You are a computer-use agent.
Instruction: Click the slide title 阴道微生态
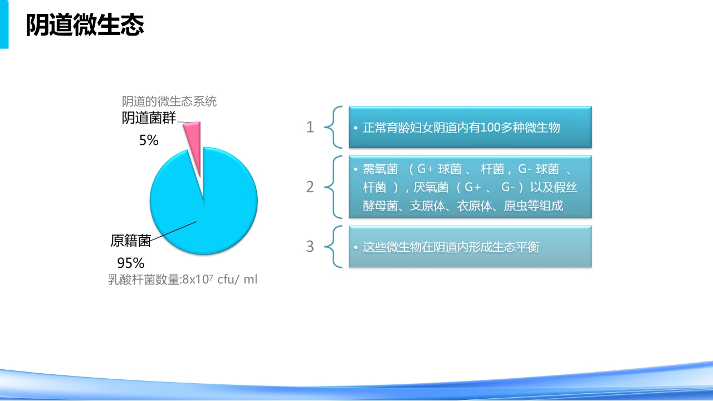85,26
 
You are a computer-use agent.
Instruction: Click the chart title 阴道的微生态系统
169,101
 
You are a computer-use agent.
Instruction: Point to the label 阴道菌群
149,118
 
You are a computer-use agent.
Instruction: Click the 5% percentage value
149,141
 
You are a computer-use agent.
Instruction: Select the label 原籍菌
130,241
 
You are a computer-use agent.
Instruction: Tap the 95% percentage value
130,263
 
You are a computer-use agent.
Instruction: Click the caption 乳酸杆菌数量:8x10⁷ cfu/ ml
183,280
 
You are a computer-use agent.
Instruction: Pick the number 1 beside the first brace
310,127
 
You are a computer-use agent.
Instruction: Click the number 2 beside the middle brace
310,187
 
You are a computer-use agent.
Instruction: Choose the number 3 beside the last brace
310,246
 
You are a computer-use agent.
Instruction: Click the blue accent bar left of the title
4,25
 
